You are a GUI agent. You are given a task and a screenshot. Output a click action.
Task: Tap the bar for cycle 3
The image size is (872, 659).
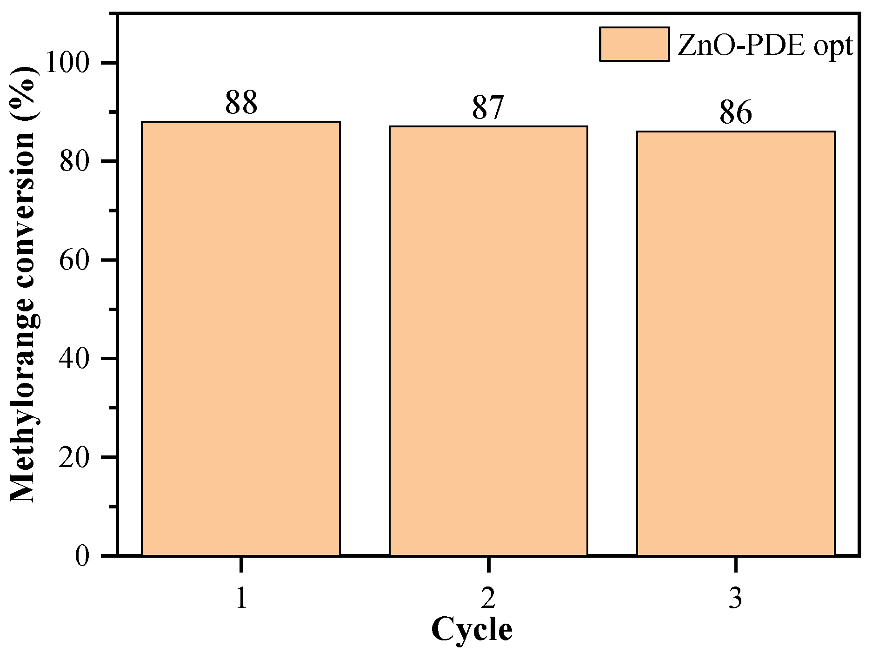click(x=735, y=343)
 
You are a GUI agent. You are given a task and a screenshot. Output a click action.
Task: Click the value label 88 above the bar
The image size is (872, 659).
click(x=241, y=103)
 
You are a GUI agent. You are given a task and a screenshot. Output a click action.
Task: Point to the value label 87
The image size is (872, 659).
click(x=488, y=108)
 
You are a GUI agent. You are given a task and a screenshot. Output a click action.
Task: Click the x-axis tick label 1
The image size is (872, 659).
click(x=241, y=599)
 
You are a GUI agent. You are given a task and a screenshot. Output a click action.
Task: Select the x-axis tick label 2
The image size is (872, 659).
click(x=488, y=599)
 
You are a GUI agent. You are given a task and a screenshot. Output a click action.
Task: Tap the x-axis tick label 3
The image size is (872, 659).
click(x=735, y=599)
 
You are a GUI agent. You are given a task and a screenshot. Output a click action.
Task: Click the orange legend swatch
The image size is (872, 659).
click(x=634, y=44)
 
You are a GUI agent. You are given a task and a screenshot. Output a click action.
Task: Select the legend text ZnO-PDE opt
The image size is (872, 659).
click(x=765, y=46)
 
